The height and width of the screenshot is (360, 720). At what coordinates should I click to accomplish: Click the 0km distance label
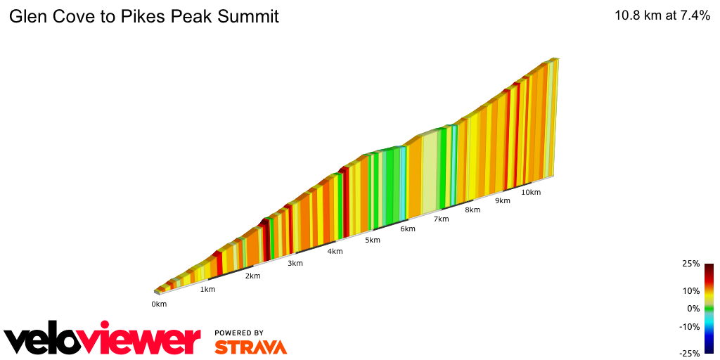(x=159, y=304)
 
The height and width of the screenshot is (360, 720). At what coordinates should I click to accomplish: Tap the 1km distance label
(x=207, y=290)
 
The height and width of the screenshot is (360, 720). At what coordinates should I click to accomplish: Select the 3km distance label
(x=295, y=264)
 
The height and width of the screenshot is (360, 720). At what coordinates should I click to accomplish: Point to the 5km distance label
(x=373, y=240)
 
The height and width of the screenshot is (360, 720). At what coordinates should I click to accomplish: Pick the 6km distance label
(x=408, y=229)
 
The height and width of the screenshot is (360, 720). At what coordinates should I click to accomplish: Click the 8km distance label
(x=472, y=210)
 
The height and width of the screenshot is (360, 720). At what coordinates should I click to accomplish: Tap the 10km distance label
(x=531, y=192)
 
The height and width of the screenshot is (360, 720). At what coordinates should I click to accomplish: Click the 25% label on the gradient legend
(x=691, y=264)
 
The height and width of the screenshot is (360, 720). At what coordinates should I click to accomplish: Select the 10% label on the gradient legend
(x=691, y=290)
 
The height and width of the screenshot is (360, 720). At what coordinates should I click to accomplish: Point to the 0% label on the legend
(x=693, y=308)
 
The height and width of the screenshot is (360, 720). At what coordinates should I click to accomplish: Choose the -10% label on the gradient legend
(x=690, y=326)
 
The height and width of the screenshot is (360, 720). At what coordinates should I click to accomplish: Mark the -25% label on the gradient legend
(x=690, y=354)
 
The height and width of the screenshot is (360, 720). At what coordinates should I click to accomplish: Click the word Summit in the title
(x=250, y=16)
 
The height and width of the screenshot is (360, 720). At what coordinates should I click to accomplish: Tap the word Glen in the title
(x=25, y=16)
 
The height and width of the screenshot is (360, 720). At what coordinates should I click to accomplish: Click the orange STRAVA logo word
(x=250, y=347)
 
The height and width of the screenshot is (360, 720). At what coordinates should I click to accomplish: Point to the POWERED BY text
(x=239, y=333)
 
